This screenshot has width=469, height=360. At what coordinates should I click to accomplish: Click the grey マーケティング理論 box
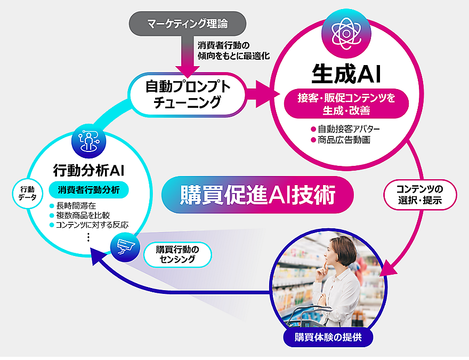coord(187,23)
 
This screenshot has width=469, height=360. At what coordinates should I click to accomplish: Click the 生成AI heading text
coord(347,74)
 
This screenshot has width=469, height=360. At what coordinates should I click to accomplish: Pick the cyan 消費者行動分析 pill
coord(88,190)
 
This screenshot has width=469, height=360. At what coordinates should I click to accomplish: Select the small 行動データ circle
coord(27,193)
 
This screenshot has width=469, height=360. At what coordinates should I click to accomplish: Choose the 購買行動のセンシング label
coord(176,254)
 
